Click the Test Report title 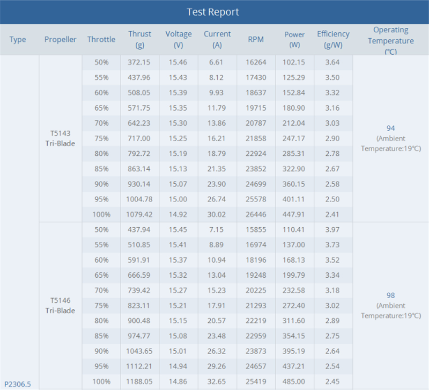click(213, 12)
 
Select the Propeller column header click(60, 39)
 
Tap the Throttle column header click(101, 39)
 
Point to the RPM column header click(256, 39)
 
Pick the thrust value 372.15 click(139, 62)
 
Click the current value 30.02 click(217, 214)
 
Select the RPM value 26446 click(256, 214)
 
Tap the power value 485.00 click(293, 381)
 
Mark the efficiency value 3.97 click(332, 230)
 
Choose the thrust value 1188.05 click(139, 381)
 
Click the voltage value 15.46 click(178, 62)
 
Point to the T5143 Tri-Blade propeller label click(60, 139)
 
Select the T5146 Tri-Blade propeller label click(60, 306)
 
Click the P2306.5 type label click(18, 384)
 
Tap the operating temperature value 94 click(391, 128)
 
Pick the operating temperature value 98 click(391, 295)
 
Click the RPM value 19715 click(256, 108)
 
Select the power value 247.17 click(293, 139)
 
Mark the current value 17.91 click(217, 306)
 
